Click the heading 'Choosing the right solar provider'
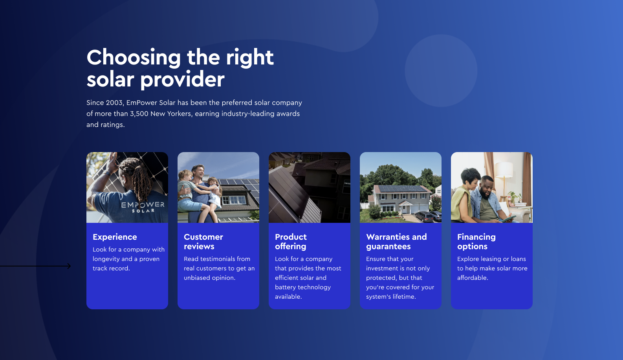pos(180,68)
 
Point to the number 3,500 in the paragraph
pos(139,114)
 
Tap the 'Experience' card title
pos(115,237)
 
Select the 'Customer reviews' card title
pos(203,241)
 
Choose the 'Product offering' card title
pos(291,241)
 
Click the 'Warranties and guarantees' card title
pos(396,241)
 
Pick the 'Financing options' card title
pos(476,241)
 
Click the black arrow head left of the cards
pos(69,266)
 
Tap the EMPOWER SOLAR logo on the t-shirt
pos(143,207)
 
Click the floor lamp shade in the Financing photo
pos(504,169)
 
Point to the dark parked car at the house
pos(424,217)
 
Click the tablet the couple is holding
pos(509,219)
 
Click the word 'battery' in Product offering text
pos(284,287)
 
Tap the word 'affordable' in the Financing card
pos(472,278)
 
